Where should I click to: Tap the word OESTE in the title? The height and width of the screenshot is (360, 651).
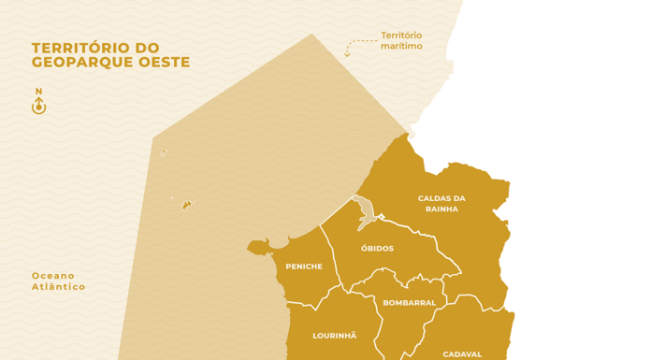[x=166, y=63]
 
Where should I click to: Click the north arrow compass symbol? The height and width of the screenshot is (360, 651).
[x=38, y=107]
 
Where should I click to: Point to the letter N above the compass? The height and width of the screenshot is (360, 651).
[x=38, y=92]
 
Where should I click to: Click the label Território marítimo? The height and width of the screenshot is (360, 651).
[x=401, y=41]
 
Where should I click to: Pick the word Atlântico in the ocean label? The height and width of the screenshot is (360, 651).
[x=59, y=287]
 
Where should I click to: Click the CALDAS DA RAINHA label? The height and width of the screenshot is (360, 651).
[x=441, y=203]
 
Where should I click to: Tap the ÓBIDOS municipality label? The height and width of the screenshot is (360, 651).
[x=377, y=249]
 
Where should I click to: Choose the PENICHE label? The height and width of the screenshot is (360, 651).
[x=303, y=266]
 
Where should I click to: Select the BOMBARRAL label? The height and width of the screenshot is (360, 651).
[x=409, y=303]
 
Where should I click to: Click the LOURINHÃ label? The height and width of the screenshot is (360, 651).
[x=334, y=335]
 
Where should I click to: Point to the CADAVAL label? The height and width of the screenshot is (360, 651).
[x=462, y=354]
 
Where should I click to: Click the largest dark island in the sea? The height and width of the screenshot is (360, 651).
[x=187, y=204]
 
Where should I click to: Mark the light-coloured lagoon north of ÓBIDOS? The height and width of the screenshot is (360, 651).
[x=366, y=213]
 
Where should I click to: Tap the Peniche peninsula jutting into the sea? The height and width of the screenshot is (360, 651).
[x=258, y=248]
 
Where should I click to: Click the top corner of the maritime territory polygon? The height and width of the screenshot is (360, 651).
[x=311, y=35]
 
